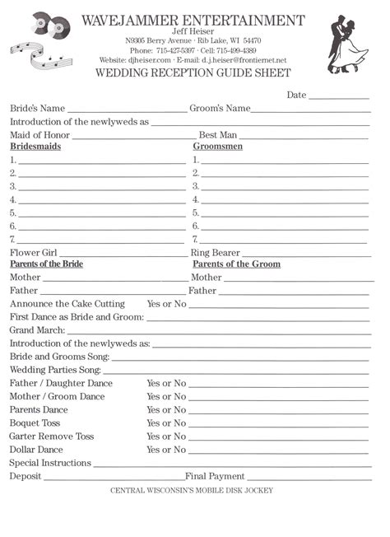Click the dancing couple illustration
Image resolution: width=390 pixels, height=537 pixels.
tap(348, 43)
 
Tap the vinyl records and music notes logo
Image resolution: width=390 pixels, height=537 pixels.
tap(39, 42)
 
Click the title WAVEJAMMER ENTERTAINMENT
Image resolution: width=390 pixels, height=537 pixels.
tap(193, 20)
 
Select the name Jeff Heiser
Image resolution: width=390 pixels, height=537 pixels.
tap(193, 30)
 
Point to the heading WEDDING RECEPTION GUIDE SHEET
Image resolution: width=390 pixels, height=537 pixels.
tap(193, 72)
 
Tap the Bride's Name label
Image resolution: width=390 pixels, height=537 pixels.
tap(37, 108)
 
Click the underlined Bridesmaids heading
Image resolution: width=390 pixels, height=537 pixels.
tap(35, 147)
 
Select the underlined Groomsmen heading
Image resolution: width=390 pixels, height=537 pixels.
tap(217, 147)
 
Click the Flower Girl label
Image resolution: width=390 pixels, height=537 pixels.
tap(33, 253)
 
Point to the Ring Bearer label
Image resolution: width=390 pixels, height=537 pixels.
tap(216, 253)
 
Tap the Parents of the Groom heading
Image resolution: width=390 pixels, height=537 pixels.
tap(236, 264)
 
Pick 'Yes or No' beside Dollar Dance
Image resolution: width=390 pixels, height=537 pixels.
tap(166, 450)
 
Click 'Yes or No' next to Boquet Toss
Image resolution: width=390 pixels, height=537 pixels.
tap(166, 423)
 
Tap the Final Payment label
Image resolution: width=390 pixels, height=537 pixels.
tap(215, 476)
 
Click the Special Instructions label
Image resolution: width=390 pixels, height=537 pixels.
tap(50, 463)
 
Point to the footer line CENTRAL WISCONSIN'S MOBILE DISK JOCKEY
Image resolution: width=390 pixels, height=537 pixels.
tap(192, 491)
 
